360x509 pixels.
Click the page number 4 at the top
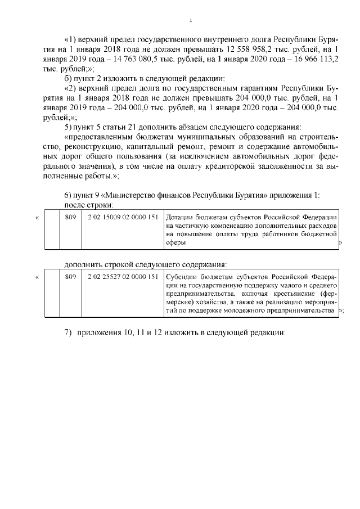click(x=191, y=21)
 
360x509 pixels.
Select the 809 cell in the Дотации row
click(x=70, y=217)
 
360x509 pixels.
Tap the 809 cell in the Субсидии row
click(x=70, y=277)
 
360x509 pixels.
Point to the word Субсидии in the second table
click(x=183, y=277)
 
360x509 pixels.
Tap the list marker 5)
click(x=69, y=125)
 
